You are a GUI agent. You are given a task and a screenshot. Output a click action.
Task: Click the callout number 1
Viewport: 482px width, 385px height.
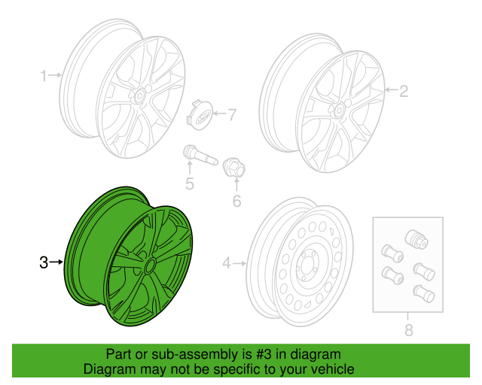click(x=44, y=75)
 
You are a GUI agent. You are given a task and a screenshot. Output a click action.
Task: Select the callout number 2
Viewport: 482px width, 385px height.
click(x=404, y=91)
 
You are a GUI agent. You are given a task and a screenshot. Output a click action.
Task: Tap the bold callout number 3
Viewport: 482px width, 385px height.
click(x=44, y=262)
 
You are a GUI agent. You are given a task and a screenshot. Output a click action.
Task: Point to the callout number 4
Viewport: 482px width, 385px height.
click(x=226, y=263)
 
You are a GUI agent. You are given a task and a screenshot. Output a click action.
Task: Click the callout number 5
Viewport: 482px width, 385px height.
click(x=190, y=183)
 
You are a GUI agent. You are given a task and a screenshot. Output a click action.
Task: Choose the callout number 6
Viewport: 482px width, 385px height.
click(x=236, y=201)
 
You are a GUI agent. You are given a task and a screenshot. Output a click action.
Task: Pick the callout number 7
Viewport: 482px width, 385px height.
click(x=232, y=114)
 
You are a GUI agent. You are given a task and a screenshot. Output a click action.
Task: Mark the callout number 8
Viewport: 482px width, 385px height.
click(x=408, y=330)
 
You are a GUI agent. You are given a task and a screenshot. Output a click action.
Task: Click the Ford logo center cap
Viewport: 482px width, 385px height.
click(x=199, y=116)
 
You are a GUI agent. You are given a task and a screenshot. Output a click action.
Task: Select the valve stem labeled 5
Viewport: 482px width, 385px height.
click(x=200, y=156)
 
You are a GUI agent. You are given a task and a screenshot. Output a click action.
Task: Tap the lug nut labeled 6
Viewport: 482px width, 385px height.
click(x=234, y=168)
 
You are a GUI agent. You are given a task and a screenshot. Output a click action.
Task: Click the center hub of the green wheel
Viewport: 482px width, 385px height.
click(x=150, y=265)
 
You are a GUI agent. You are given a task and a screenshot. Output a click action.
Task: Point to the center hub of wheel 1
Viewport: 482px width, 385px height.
click(x=139, y=96)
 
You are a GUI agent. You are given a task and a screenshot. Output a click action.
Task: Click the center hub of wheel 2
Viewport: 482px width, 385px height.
click(x=339, y=110)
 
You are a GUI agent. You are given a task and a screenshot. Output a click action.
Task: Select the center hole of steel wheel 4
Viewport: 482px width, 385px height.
click(x=307, y=265)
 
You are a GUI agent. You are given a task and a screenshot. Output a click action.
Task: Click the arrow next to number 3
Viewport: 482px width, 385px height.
click(x=56, y=262)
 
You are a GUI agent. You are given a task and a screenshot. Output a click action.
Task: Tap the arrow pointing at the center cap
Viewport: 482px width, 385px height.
click(x=219, y=114)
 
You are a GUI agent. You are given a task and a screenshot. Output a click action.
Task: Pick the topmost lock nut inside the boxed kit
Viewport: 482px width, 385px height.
click(x=416, y=238)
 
